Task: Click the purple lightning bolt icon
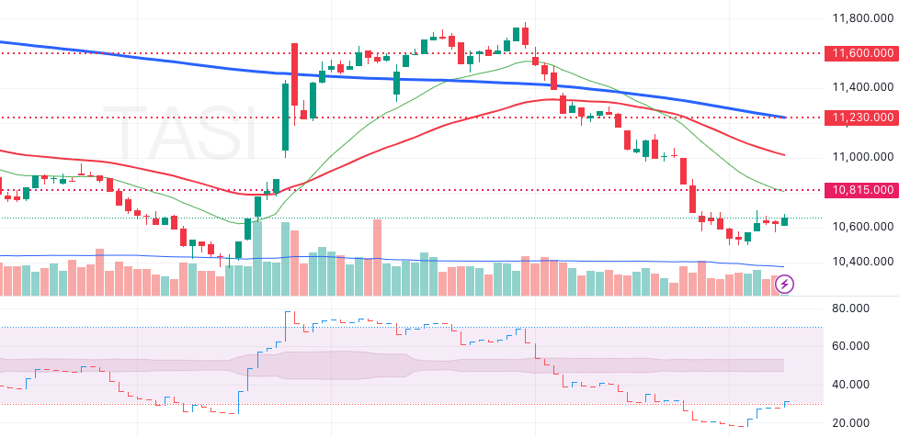pos(785,284)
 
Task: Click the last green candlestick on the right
pos(785,221)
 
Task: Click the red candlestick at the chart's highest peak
pos(525,35)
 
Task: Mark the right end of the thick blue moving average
pos(783,118)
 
